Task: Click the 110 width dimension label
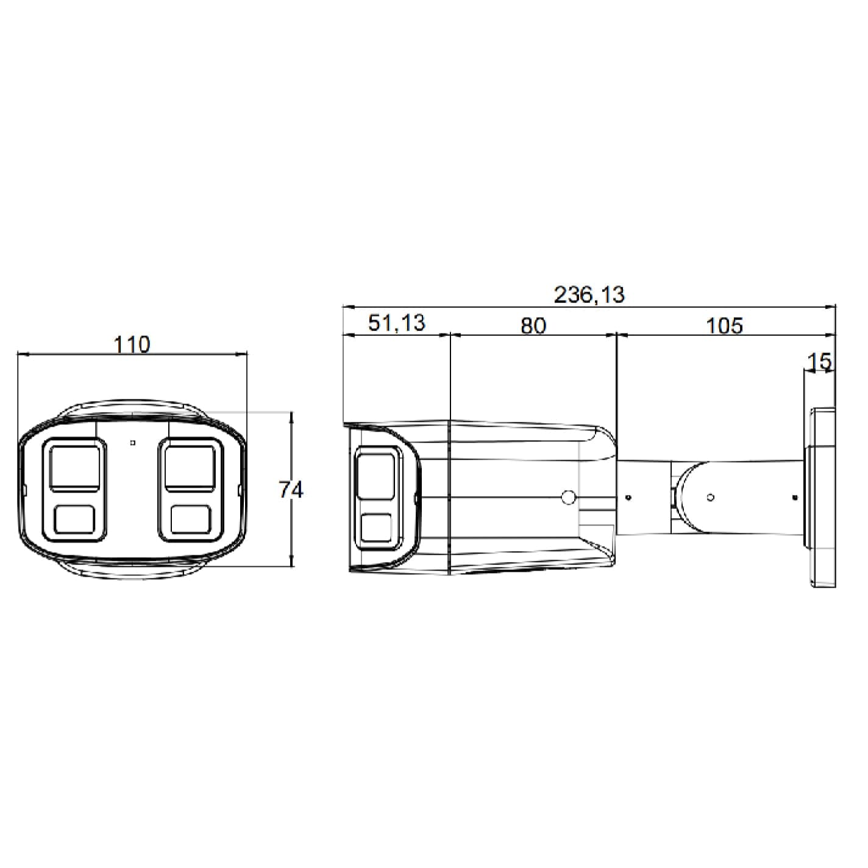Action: coord(132,344)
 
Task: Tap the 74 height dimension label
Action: coord(291,489)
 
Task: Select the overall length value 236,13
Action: coord(589,295)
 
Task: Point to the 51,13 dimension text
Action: coord(396,323)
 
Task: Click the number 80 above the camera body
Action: coord(533,325)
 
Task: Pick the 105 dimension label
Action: coord(724,325)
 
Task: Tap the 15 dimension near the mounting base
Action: coord(819,361)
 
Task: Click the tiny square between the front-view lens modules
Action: coord(132,443)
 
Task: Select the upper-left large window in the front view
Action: coord(74,468)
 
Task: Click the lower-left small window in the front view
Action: coord(74,519)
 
